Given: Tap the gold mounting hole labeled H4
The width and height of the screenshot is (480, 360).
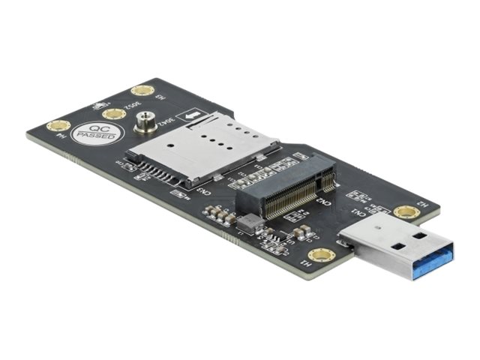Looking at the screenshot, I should (x=58, y=126).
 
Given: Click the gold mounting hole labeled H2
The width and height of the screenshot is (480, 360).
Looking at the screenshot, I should (x=406, y=212).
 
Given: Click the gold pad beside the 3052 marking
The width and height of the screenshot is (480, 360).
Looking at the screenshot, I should (x=114, y=114).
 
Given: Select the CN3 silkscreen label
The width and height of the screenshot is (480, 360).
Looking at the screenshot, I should (x=203, y=190).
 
